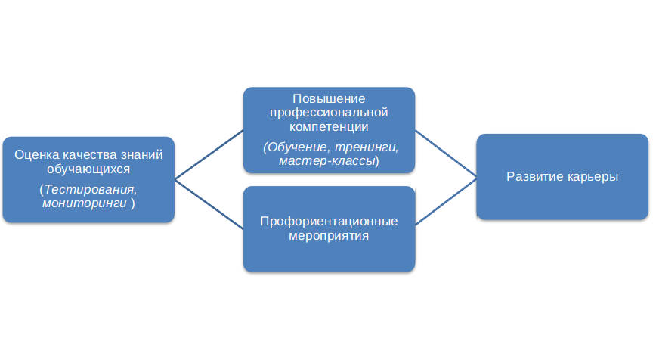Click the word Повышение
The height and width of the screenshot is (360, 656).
(x=329, y=99)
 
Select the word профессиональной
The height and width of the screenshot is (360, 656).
(x=329, y=113)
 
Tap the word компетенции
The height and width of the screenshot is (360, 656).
(x=329, y=126)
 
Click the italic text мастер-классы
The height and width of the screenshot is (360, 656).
(x=326, y=161)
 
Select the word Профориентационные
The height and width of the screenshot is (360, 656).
(x=329, y=222)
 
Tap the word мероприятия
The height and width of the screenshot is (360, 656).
(x=329, y=235)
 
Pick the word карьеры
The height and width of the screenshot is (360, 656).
(x=593, y=177)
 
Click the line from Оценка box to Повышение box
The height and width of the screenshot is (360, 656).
(x=209, y=155)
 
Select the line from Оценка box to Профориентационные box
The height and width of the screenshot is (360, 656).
(x=209, y=203)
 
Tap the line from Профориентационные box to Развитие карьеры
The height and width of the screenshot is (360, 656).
(x=446, y=202)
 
